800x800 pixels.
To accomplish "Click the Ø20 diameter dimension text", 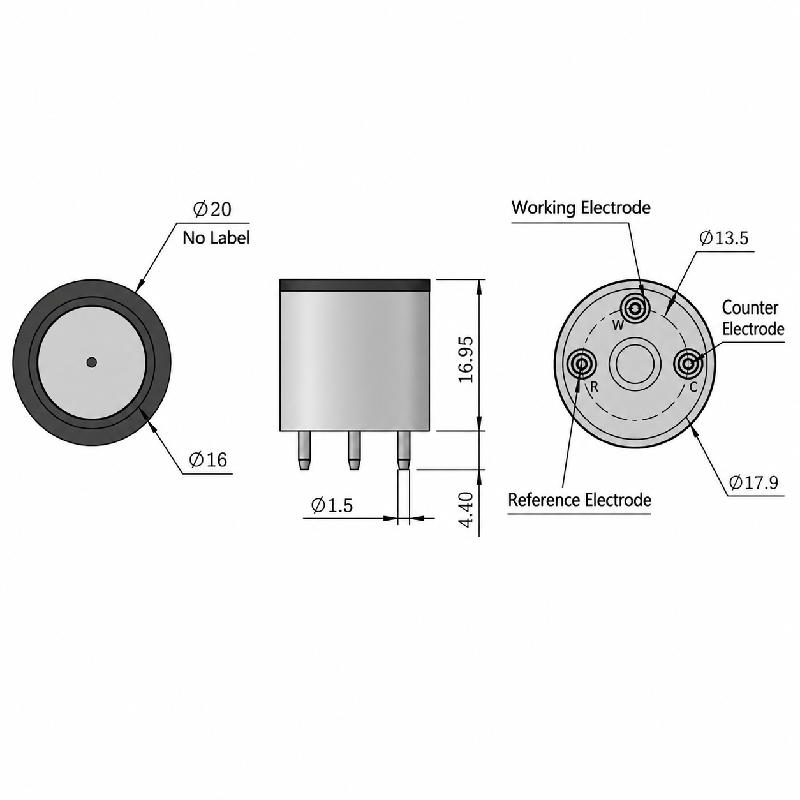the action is click(x=212, y=209).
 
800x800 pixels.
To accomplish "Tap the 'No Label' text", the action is click(x=216, y=238).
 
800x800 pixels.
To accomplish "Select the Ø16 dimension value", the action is click(x=208, y=460).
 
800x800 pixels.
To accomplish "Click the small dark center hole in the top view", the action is click(x=92, y=362).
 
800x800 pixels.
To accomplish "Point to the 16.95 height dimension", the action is click(x=466, y=360).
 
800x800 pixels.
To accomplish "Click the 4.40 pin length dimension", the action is click(x=466, y=509).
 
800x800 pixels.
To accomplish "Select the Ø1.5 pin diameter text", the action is click(x=332, y=505).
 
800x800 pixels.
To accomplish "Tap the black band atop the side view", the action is click(x=355, y=285).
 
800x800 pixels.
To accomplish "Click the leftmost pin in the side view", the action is click(x=304, y=450).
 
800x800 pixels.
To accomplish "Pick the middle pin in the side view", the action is click(x=353, y=450).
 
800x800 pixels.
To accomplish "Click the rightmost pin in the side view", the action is click(x=404, y=450).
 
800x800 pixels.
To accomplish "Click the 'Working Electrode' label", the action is click(x=581, y=207).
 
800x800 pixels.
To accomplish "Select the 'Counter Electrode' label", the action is click(x=753, y=318).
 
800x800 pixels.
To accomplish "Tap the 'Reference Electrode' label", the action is click(x=579, y=500).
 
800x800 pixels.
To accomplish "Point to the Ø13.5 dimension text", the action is click(x=724, y=238).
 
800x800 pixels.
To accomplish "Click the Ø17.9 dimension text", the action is click(x=753, y=482).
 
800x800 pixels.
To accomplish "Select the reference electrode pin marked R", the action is click(x=582, y=365).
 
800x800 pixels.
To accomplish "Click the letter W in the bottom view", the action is click(x=618, y=326).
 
